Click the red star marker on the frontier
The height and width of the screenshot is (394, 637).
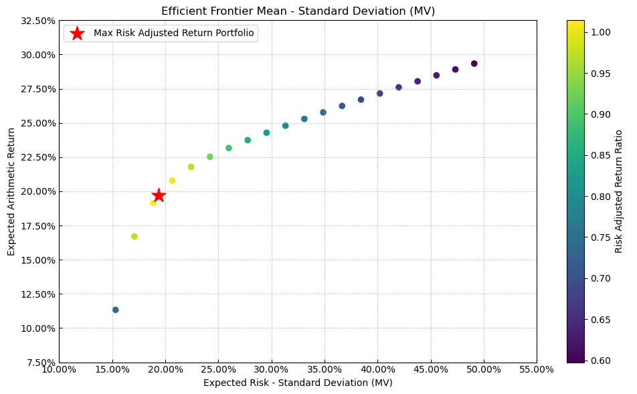[159, 195]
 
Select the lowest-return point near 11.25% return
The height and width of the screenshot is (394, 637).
[116, 310]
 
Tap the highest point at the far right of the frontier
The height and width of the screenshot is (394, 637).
[474, 64]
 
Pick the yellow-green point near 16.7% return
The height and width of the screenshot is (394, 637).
[134, 237]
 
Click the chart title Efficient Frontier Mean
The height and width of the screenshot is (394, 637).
[298, 11]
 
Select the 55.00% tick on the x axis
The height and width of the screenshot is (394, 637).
[537, 369]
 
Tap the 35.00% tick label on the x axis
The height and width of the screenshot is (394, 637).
[325, 369]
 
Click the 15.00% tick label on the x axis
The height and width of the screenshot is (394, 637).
[112, 369]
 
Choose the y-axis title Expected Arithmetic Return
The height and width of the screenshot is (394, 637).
[11, 191]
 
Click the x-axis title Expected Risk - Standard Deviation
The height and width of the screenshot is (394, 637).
[298, 383]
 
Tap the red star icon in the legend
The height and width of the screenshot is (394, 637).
[78, 33]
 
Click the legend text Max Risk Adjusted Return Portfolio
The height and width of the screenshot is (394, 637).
[174, 33]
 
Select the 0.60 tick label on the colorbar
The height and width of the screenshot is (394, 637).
[601, 361]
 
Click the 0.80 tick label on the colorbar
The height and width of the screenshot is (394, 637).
[601, 196]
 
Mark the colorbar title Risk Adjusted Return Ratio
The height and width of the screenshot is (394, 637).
[619, 191]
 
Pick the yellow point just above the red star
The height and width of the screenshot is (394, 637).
[172, 181]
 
